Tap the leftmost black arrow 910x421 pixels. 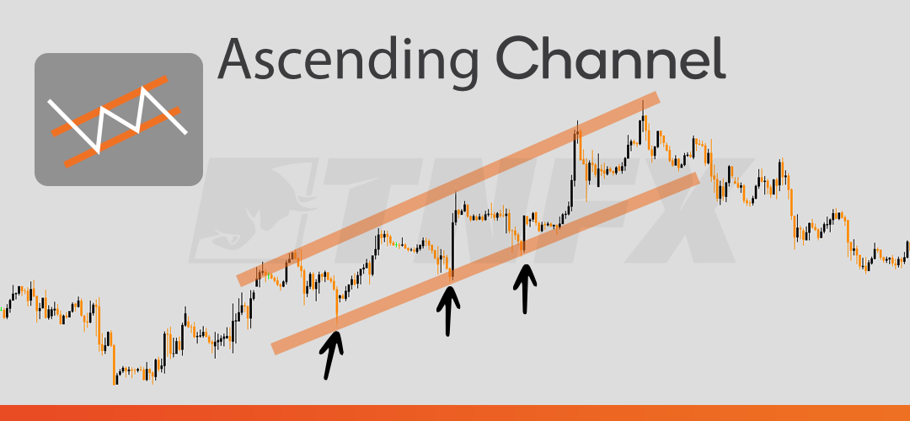332,354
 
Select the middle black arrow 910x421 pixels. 449,310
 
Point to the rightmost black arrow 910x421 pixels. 526,289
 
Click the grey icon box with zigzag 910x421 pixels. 118,119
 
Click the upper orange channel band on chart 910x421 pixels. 447,189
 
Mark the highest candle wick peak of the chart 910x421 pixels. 643,103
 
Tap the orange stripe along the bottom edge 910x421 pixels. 455,413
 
